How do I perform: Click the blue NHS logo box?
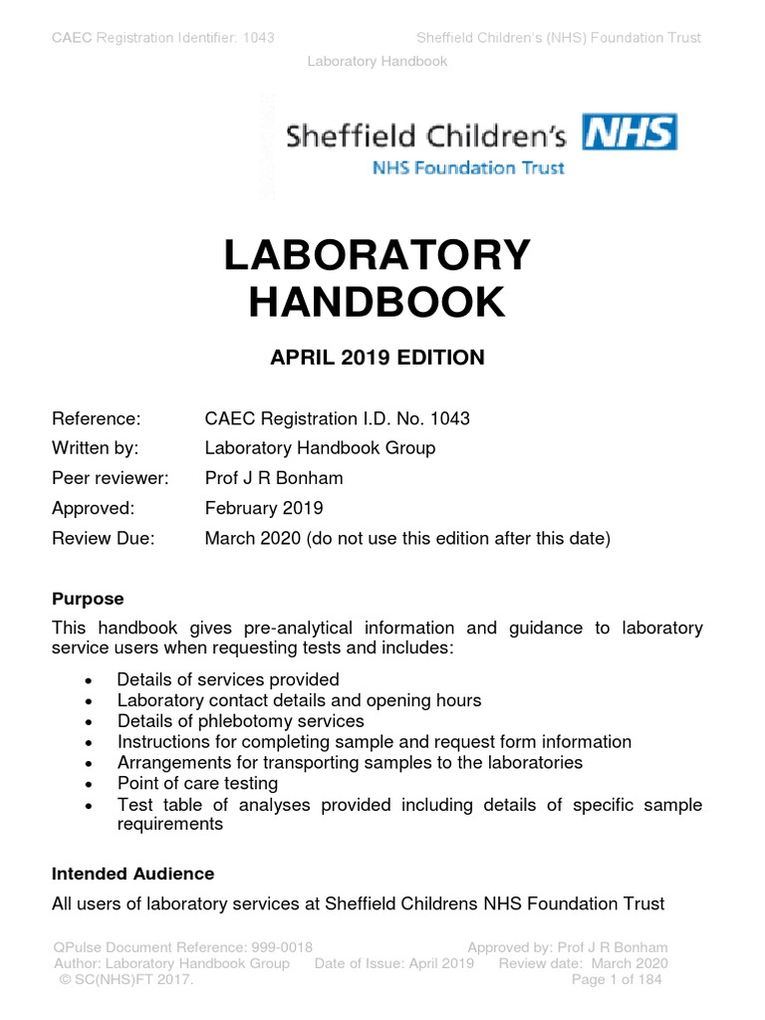630,132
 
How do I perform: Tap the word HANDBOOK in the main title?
378,302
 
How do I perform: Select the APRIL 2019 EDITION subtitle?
378,358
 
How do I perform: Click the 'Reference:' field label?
96,418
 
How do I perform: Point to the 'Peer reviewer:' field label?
111,478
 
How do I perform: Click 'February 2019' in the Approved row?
264,508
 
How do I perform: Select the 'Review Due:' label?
104,539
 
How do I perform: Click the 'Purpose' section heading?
88,599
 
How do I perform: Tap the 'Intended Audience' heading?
132,874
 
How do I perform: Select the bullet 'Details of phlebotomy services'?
240,720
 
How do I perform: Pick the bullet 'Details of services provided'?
228,679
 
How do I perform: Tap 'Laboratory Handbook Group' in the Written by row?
320,448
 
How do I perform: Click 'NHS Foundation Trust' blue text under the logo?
468,168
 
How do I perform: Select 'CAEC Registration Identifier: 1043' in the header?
163,38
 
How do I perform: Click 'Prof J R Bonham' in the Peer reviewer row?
273,478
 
